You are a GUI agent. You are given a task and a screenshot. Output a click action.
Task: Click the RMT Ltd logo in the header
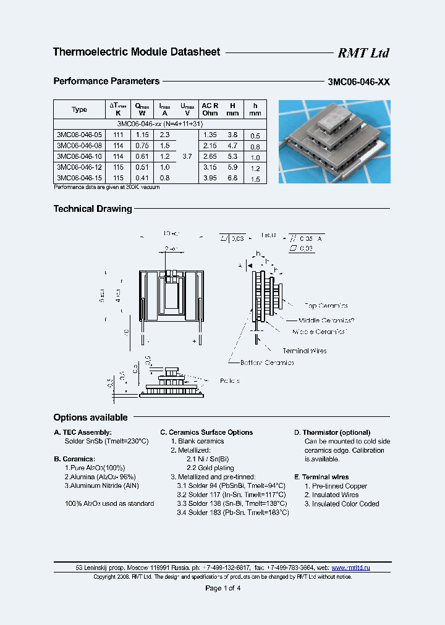[x=363, y=53]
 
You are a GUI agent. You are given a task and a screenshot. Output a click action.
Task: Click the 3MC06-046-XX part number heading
[x=358, y=82]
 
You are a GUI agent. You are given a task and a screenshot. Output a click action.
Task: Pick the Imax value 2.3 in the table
[x=164, y=135]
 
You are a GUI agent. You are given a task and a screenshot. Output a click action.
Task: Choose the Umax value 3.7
[x=187, y=157]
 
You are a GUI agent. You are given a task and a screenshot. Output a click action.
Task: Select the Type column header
[x=79, y=109]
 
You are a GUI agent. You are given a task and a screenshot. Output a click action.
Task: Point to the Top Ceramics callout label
[x=326, y=306]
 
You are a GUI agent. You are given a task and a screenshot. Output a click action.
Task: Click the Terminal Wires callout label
[x=304, y=351]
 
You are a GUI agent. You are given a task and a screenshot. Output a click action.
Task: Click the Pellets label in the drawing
[x=229, y=381]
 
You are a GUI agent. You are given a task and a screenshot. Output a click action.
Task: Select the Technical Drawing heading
[x=93, y=209]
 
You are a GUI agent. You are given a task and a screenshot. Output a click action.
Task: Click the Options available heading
[x=90, y=417]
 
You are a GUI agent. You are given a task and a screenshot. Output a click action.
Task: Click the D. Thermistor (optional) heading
[x=332, y=432]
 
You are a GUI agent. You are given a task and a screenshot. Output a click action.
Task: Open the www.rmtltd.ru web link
[x=350, y=567]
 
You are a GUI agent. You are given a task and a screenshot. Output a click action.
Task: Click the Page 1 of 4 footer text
[x=222, y=588]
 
